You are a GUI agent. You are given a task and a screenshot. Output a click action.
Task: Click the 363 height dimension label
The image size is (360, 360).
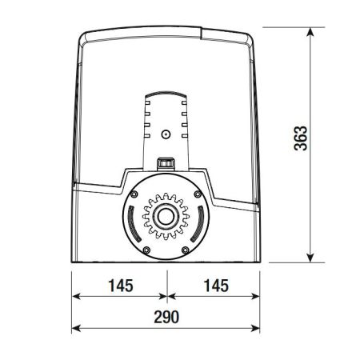pos(301,138)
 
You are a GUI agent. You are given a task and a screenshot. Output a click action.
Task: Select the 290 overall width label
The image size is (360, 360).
pos(166,317)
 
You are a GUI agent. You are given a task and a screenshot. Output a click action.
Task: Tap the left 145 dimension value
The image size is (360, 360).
pos(121,286)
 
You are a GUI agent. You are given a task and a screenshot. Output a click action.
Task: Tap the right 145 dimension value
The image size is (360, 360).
pos(216,286)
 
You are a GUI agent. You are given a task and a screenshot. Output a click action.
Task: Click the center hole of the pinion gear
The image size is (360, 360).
pos(166,216)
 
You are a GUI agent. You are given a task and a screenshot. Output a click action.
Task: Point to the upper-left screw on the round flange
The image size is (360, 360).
pos(134,194)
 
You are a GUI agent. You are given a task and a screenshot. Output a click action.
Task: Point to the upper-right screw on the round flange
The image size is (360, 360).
pos(198,194)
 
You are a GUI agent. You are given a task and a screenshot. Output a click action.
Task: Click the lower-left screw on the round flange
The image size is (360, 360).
pos(146,250)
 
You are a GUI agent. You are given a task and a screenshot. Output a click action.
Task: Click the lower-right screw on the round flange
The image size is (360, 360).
pos(185,250)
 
